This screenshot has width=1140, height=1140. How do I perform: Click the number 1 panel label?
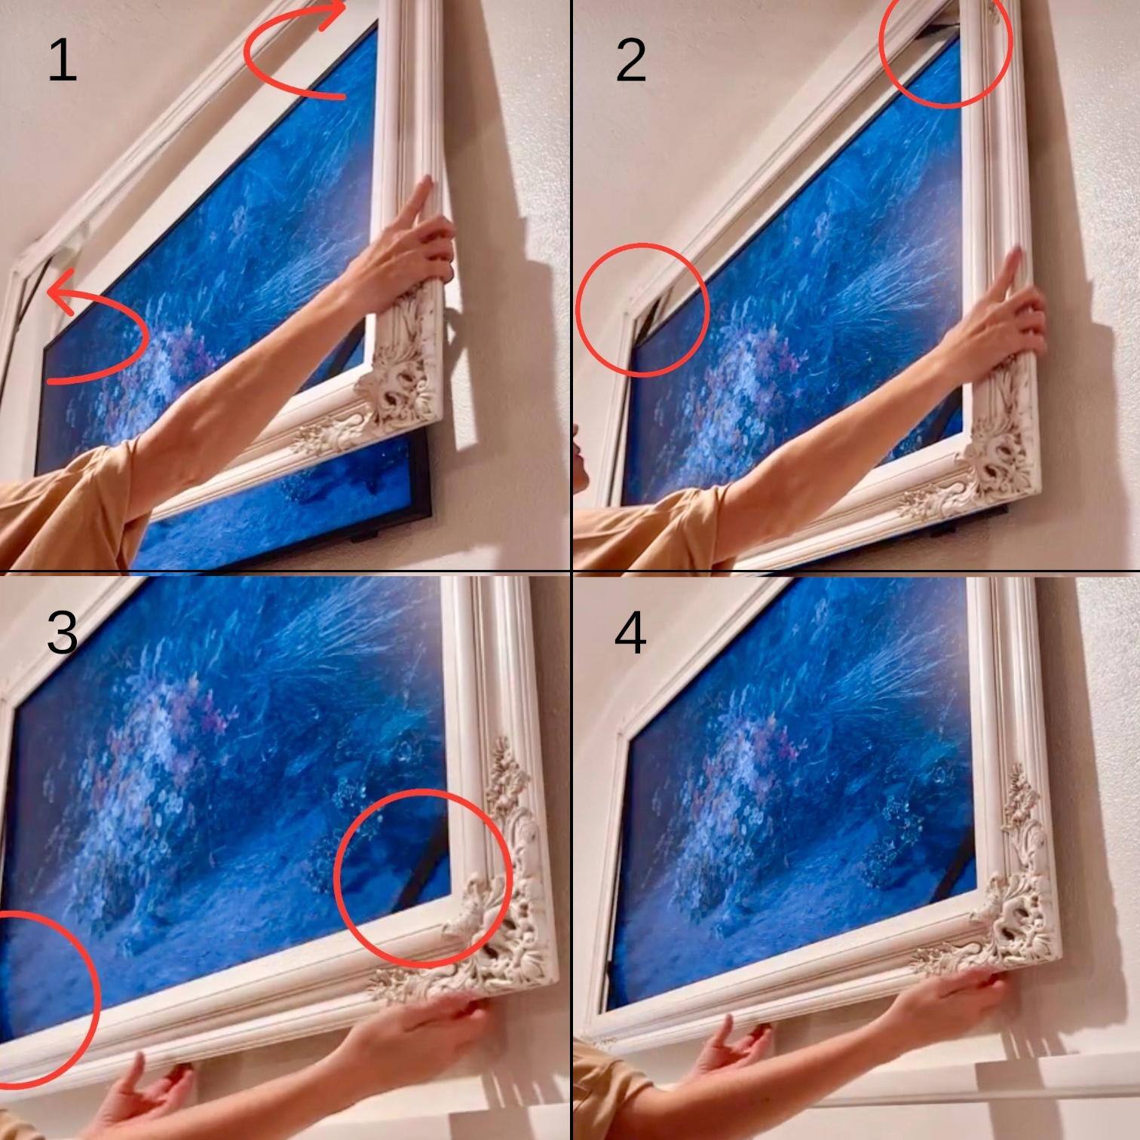coord(62,60)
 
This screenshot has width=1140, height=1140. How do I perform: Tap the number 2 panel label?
coord(630,60)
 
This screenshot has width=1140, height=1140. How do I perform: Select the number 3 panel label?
coord(62,632)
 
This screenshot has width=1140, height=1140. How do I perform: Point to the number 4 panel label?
coord(630,632)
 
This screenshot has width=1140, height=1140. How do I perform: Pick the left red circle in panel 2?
coord(642,309)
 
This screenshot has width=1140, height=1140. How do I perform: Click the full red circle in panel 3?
coord(423,878)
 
